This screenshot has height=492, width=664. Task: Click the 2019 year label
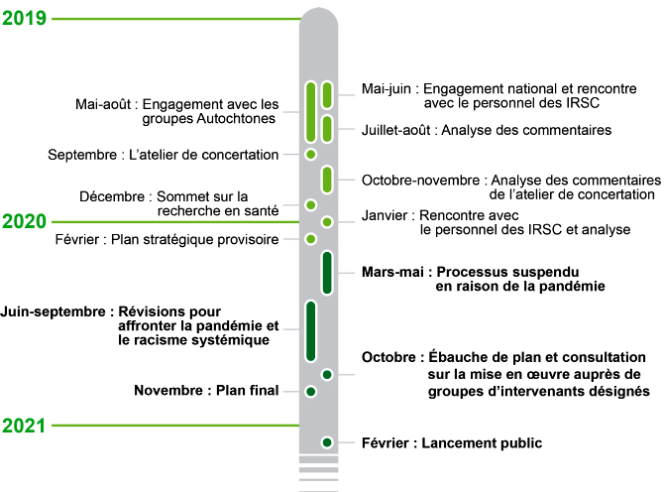coord(24,18)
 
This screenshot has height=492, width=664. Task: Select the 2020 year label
coord(24,221)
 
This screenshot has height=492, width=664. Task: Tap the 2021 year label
coord(24,426)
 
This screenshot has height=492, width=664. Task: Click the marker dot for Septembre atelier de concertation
coord(311,155)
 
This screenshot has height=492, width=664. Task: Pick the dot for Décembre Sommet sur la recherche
coord(311,205)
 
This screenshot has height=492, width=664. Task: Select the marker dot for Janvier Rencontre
coord(327,221)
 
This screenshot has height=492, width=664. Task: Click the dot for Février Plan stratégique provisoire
coord(311,239)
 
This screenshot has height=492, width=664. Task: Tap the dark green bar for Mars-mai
coord(327,273)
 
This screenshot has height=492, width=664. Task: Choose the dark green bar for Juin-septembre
coord(311,331)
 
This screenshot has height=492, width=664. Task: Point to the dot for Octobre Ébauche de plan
coord(327,375)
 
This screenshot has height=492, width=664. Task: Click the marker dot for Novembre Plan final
coord(311,391)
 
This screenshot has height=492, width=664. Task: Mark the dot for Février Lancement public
coord(327,442)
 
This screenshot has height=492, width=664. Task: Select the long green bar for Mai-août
coord(311,112)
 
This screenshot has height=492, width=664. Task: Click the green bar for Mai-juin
coord(327,95)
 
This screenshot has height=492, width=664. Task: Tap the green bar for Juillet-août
coord(327,129)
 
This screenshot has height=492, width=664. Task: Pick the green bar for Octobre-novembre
coord(327,180)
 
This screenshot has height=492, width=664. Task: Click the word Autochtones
coord(236,118)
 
